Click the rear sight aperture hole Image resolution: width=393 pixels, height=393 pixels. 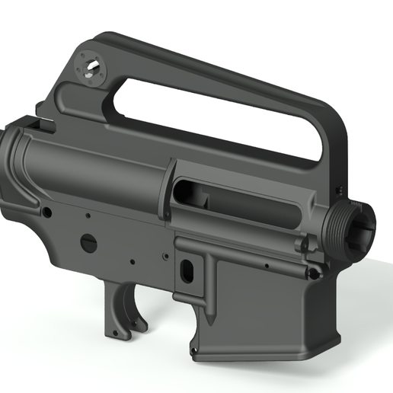(x=91, y=69)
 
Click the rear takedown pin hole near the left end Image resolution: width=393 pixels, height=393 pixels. (x=46, y=209)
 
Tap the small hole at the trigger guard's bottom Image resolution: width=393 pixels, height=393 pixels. (x=113, y=334)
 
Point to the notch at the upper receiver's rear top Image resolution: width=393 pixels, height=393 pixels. (x=34, y=122)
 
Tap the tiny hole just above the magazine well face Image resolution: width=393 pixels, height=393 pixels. (x=267, y=266)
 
